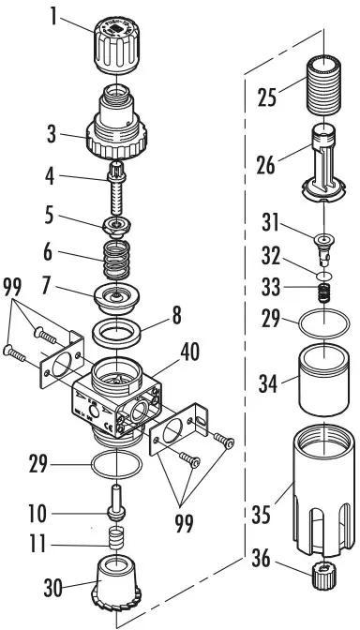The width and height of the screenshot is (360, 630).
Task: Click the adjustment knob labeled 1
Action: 116,47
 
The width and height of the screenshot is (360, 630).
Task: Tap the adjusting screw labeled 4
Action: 116,188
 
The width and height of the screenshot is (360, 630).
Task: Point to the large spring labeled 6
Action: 116,260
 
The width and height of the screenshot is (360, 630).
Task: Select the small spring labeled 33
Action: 324,293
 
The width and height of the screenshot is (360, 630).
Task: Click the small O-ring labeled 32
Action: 324,276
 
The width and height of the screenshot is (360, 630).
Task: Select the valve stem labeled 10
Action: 116,502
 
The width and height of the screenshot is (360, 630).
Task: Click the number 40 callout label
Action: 190,352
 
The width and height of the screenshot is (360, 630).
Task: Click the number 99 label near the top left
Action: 12,287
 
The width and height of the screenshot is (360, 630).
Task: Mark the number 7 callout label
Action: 48,287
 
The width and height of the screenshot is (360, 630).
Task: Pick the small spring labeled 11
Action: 116,538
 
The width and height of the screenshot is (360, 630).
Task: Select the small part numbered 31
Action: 323,249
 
